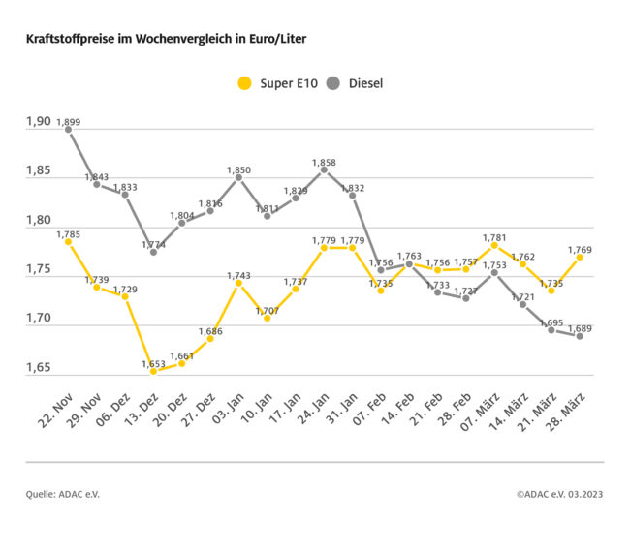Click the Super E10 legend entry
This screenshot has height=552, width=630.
(x=274, y=83)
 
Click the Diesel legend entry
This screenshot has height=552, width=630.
(x=355, y=83)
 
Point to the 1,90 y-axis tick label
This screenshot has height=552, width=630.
(x=38, y=122)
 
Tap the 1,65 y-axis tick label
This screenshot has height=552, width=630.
(x=38, y=368)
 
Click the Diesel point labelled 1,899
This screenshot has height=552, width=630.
(x=68, y=130)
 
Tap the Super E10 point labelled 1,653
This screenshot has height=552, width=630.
(x=153, y=371)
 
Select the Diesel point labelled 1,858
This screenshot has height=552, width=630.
(x=324, y=169)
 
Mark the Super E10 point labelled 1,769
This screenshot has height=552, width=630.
(x=580, y=257)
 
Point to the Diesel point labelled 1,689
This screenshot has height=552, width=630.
(x=580, y=336)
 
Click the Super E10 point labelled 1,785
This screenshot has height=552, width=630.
(x=68, y=241)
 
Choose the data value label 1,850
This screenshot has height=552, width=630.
(x=238, y=170)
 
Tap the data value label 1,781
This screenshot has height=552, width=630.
(x=494, y=237)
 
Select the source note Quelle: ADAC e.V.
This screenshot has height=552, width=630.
(x=63, y=494)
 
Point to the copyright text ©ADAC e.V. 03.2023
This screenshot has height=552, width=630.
(x=559, y=494)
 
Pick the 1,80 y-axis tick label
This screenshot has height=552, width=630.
(x=38, y=221)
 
